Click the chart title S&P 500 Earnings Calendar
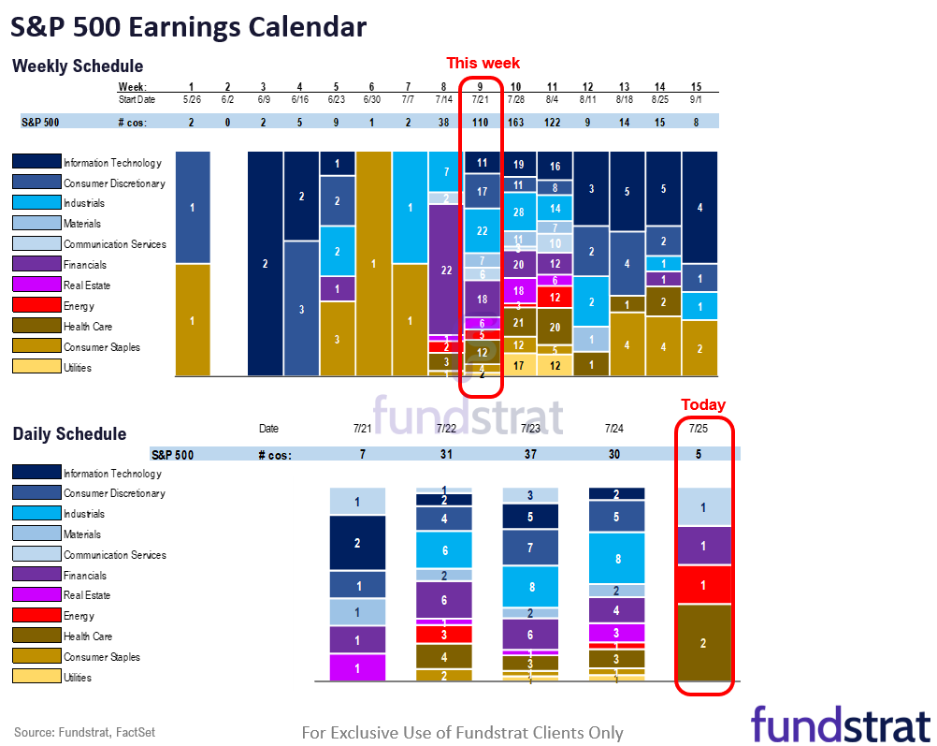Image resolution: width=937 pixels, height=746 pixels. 188,27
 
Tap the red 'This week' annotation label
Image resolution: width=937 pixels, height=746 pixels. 483,63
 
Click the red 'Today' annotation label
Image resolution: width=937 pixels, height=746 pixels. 702,404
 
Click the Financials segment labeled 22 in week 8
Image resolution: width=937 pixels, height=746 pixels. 446,270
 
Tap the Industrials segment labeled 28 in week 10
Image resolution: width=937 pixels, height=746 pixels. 519,212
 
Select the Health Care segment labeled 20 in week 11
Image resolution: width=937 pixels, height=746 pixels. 555,328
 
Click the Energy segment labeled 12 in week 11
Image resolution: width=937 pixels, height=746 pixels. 555,298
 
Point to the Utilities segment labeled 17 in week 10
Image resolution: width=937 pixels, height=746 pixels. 519,365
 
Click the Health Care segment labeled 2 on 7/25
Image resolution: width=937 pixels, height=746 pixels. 703,643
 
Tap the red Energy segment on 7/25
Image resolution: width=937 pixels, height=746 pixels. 703,585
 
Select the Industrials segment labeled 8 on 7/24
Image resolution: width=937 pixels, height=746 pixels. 617,559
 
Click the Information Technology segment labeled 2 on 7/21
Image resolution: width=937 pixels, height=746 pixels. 357,542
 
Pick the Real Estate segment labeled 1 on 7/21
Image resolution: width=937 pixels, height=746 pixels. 357,668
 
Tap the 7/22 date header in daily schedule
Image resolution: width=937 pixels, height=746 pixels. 445,428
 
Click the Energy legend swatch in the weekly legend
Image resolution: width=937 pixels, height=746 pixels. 36,306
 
